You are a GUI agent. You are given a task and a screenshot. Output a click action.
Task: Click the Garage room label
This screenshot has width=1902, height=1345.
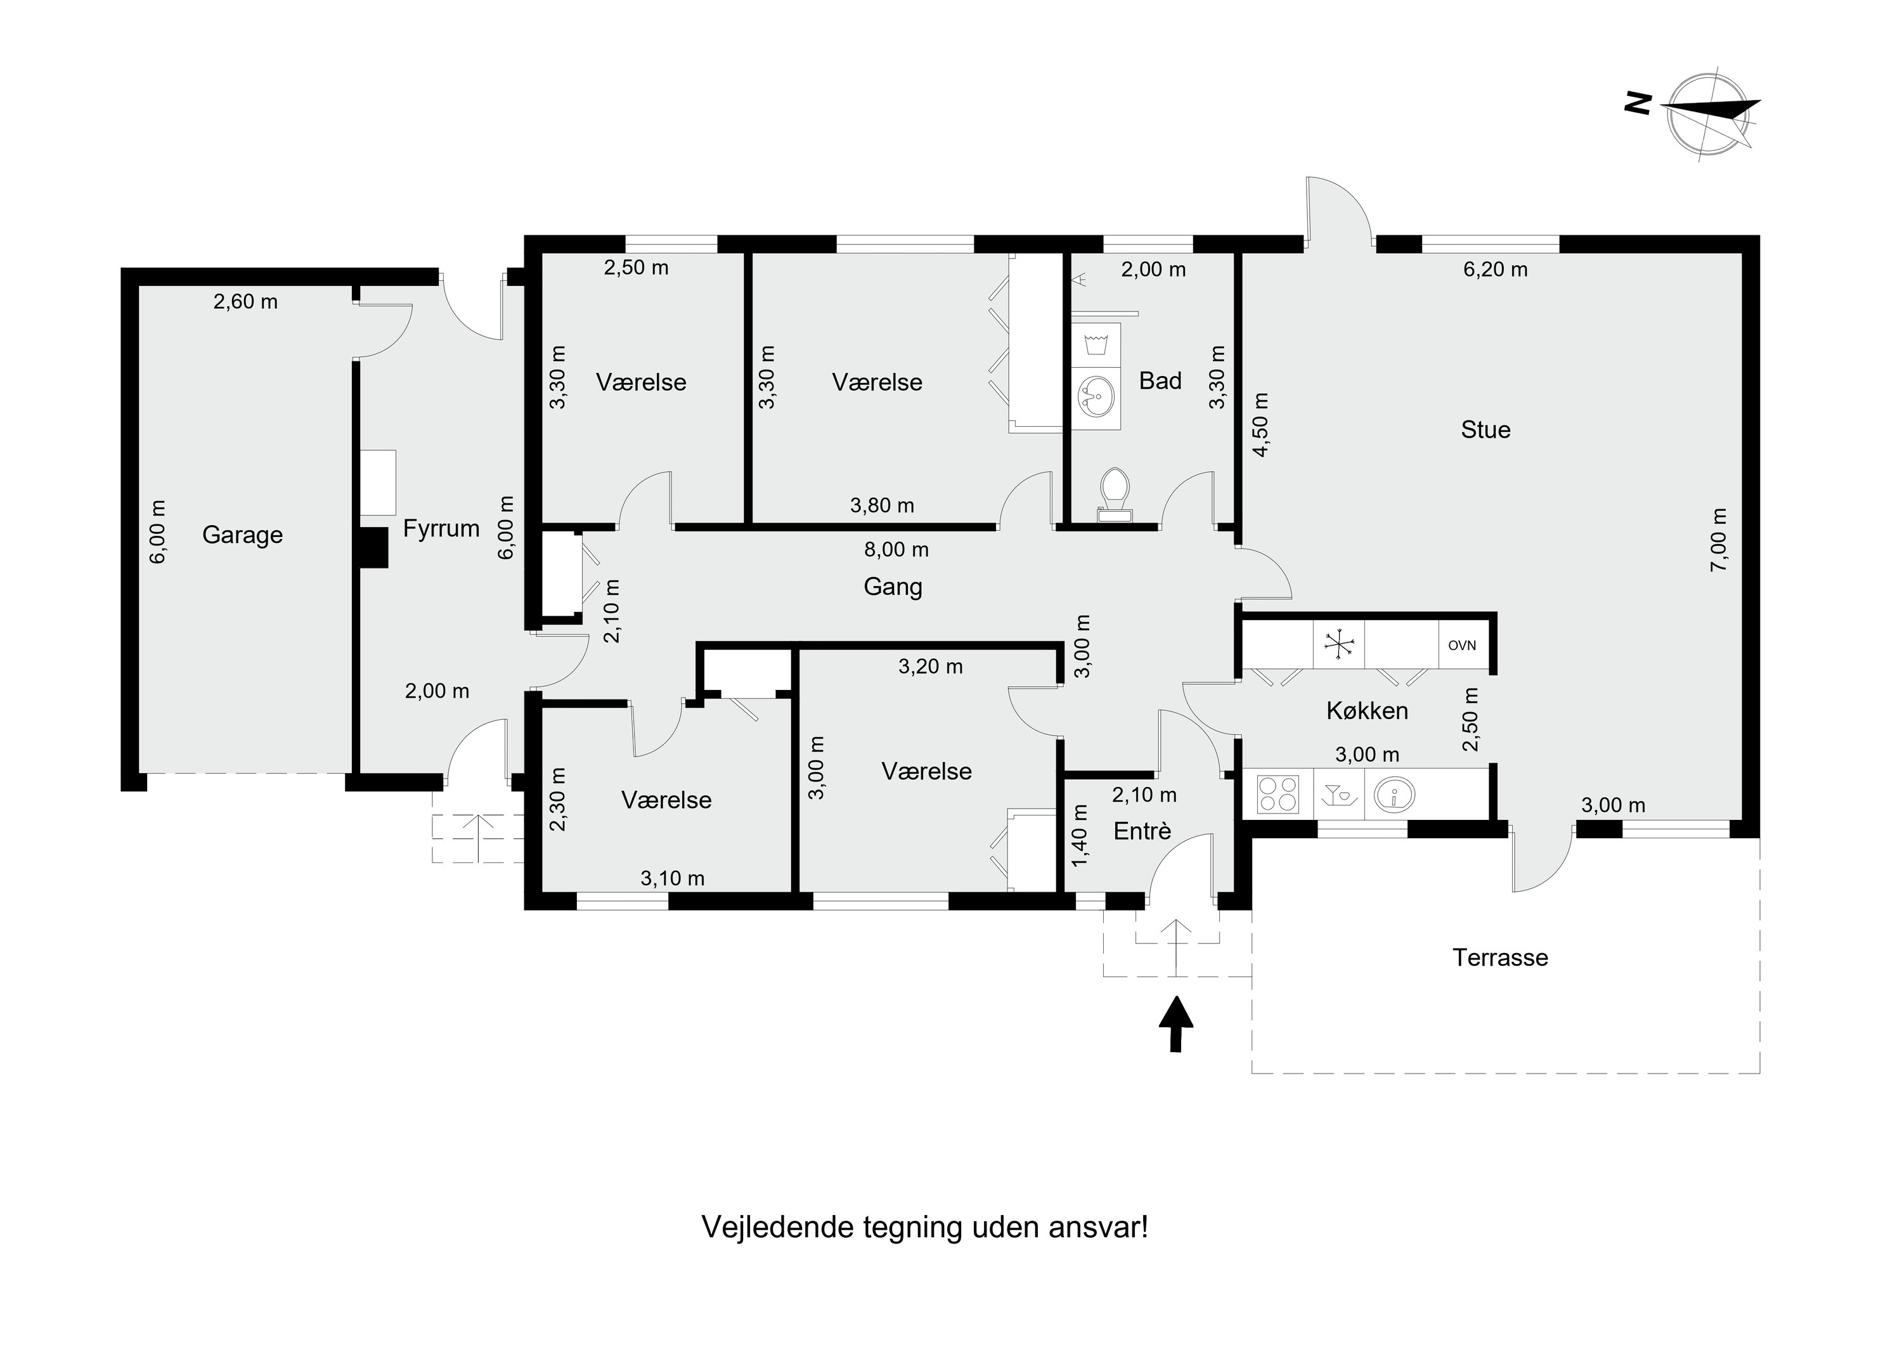(x=242, y=535)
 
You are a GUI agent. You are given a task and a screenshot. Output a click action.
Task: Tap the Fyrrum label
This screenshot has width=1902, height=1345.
(x=441, y=529)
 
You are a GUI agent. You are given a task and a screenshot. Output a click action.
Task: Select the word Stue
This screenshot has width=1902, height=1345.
(x=1485, y=430)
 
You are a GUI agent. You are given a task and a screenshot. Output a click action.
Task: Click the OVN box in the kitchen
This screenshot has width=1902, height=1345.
(x=1462, y=646)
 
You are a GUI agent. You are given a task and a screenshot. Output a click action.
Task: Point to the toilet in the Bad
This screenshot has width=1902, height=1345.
(x=1114, y=488)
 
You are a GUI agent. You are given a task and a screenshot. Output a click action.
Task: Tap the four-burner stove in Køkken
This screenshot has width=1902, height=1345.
(x=1278, y=793)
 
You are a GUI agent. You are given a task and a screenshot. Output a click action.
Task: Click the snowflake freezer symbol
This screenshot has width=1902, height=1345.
(x=1338, y=645)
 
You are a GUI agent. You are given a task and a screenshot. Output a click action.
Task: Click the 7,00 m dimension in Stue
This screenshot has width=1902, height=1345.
(x=1719, y=540)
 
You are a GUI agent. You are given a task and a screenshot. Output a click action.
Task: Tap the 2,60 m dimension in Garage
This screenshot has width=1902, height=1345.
(x=245, y=302)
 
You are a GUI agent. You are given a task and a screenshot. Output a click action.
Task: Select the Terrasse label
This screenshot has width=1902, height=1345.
(x=1500, y=958)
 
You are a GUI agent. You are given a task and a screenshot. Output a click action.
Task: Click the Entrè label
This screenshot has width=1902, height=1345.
(x=1142, y=831)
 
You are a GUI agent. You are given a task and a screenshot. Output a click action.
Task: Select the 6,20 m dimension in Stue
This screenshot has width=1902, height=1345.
(x=1495, y=270)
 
